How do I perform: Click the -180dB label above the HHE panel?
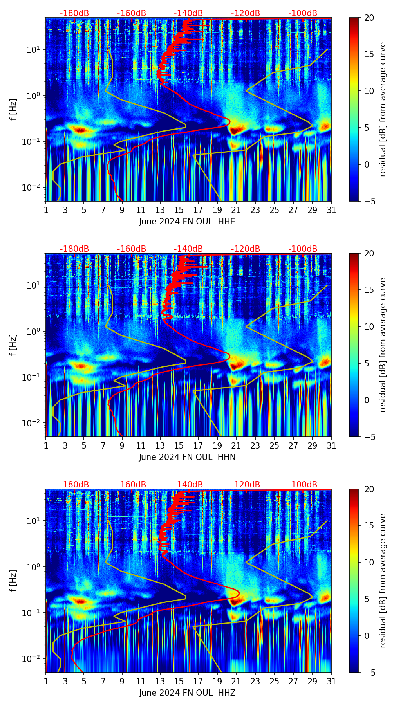(x=74, y=13)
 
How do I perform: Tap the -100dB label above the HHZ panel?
(x=303, y=485)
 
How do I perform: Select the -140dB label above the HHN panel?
(x=188, y=249)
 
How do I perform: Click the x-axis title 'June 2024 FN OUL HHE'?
(x=187, y=222)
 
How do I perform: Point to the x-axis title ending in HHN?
(x=187, y=457)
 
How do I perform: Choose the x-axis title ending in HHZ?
(x=187, y=693)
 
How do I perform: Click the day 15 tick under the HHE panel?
(x=179, y=210)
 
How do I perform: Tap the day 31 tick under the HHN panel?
(x=331, y=445)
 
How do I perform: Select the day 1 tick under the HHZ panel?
(x=46, y=681)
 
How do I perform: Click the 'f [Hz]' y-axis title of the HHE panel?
(x=14, y=110)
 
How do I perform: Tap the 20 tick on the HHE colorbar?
(x=369, y=18)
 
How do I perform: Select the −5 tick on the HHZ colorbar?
(x=369, y=673)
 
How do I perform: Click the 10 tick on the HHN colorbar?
(x=369, y=326)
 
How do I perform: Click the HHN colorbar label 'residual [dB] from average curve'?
(x=383, y=345)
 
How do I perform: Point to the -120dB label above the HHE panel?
(x=246, y=13)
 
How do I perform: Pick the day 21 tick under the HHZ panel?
(x=236, y=681)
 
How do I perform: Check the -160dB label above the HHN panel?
(x=132, y=249)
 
